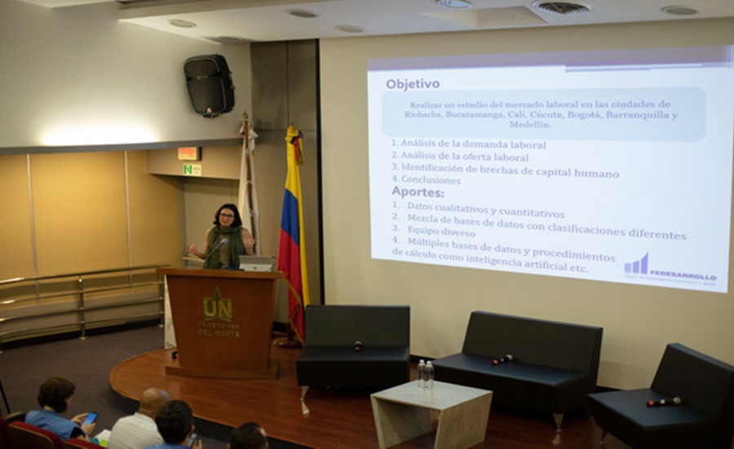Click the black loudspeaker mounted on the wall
click(x=210, y=84)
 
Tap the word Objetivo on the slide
click(x=413, y=83)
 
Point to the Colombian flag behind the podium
click(x=293, y=220)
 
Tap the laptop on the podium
click(x=256, y=264)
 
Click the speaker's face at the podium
click(x=227, y=217)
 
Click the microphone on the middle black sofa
click(x=502, y=359)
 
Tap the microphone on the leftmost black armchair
click(x=357, y=345)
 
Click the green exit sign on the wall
click(x=192, y=169)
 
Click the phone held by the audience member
click(x=91, y=418)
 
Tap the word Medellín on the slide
click(x=529, y=125)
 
